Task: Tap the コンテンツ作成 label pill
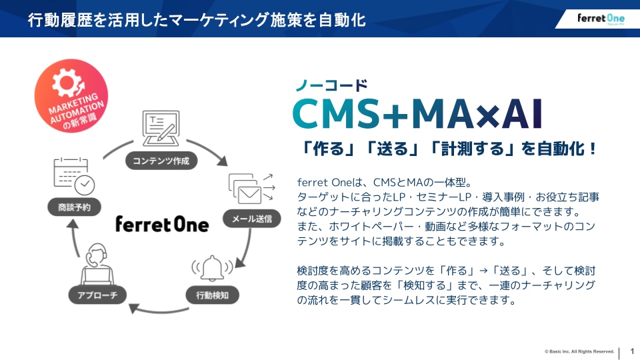tap(161, 161)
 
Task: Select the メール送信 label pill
tap(251, 219)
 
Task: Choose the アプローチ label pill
tap(97, 294)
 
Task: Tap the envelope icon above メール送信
tap(248, 191)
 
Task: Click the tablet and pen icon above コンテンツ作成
tap(160, 129)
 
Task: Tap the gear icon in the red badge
tap(67, 85)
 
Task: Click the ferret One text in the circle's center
tap(161, 223)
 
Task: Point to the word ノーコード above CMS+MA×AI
tap(331, 85)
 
